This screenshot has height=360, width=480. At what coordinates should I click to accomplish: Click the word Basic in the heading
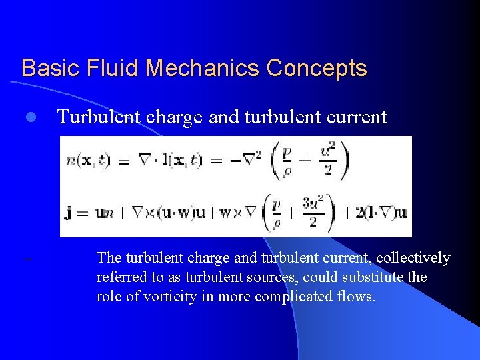tap(48, 68)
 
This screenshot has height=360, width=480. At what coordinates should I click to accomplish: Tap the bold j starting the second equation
tap(69, 214)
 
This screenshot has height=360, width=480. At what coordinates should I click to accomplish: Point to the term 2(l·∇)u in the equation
tap(374, 213)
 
